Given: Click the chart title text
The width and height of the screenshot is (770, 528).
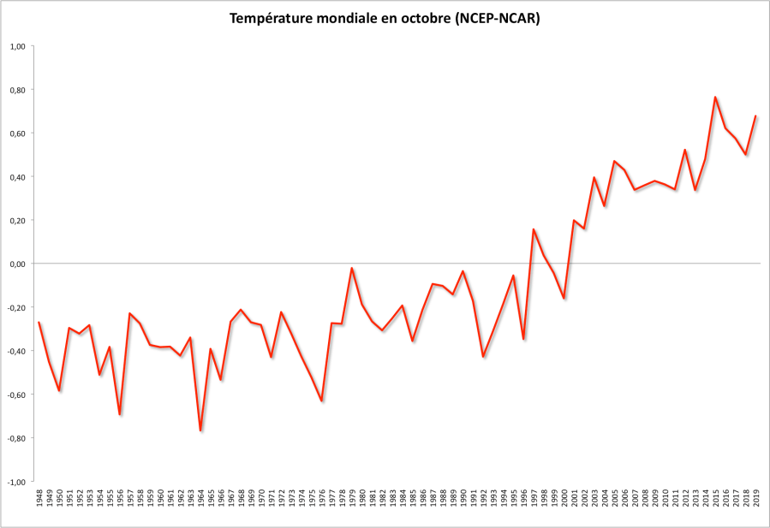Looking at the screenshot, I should (385, 19).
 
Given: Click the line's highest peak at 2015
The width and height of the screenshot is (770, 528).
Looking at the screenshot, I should (715, 97).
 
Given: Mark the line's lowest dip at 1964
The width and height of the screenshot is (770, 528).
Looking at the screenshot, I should (200, 430).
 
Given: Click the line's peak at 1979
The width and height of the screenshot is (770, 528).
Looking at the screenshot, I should (352, 268).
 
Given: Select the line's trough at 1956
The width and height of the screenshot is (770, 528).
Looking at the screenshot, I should (120, 414).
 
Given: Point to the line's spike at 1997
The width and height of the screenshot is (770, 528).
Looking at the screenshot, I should (534, 229).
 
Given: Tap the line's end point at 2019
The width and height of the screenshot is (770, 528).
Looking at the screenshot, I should (755, 116).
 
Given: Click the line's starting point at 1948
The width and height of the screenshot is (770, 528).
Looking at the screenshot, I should (39, 323).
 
